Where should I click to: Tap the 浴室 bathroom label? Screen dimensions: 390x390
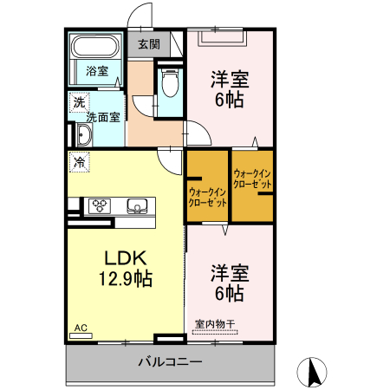(x=96, y=70)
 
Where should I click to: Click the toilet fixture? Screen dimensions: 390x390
(x=170, y=85)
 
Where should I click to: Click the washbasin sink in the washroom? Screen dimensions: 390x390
(x=82, y=134)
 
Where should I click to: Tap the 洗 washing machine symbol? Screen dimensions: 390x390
(x=79, y=101)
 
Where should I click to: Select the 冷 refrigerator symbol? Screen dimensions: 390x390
(x=80, y=161)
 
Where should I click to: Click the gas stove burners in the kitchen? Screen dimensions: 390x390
(x=99, y=205)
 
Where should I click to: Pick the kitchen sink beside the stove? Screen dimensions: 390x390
(x=136, y=205)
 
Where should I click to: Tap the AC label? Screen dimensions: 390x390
(x=81, y=328)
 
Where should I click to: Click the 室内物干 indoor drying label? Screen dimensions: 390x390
(x=214, y=324)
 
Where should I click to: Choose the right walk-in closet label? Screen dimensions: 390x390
(x=252, y=179)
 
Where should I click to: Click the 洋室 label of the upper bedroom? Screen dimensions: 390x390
(x=230, y=80)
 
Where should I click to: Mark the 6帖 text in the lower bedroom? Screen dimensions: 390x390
(x=230, y=293)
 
